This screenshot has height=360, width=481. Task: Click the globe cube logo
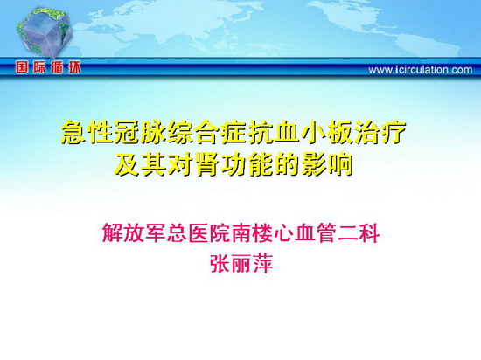tap(45, 33)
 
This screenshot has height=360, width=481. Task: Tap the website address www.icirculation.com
tap(421, 70)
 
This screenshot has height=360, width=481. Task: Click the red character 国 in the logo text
tap(22, 67)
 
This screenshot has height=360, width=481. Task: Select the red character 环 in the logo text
tap(74, 67)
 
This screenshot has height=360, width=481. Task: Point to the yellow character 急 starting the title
tap(73, 133)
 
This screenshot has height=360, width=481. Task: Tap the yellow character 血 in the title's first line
tap(287, 133)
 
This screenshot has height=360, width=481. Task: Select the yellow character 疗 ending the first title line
tap(394, 133)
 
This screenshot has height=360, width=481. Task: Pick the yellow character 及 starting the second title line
tap(127, 165)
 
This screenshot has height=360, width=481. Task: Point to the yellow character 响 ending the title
tap(340, 165)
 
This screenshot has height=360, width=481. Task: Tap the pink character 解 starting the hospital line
tap(112, 232)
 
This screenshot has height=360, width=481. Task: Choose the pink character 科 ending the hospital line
tap(370, 232)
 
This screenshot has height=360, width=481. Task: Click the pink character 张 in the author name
tap(220, 264)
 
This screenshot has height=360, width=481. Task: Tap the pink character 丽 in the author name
tap(241, 264)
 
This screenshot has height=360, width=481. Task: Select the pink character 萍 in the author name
tap(262, 264)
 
